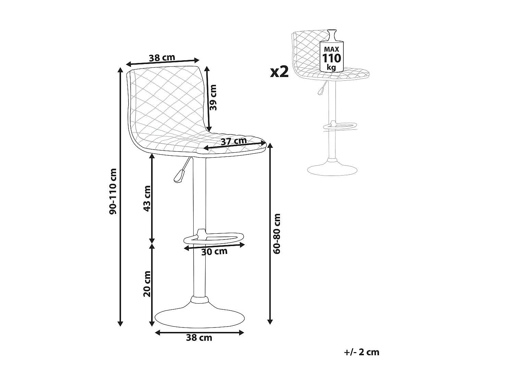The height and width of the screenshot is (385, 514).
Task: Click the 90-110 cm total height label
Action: point(113,191)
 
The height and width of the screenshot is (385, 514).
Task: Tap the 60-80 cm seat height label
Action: point(277,233)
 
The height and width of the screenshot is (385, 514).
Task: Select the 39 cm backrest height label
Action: point(213,98)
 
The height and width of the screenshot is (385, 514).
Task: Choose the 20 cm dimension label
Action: point(147,284)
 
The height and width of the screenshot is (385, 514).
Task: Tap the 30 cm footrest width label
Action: point(214,252)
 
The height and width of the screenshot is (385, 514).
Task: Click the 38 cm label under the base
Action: point(199,338)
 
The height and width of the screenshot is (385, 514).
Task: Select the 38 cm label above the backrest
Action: point(162,57)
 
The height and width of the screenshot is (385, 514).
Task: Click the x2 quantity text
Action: point(279,72)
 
